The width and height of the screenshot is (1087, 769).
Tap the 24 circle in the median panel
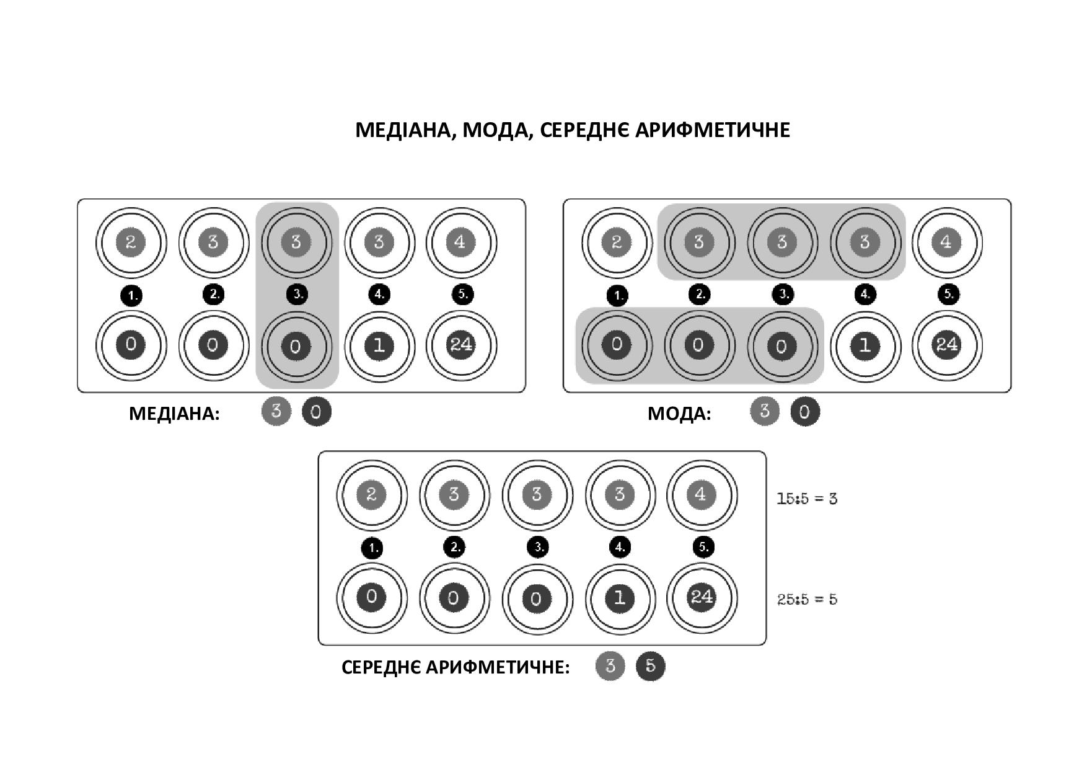point(461,345)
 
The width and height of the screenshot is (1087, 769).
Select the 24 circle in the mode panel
point(947,345)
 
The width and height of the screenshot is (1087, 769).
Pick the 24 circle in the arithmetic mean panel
point(702,598)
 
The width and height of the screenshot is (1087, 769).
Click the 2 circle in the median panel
point(131,242)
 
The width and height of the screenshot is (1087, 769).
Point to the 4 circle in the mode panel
point(947,242)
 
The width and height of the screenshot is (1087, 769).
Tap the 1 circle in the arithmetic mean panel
point(620,598)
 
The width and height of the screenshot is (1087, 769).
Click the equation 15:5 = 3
point(807,499)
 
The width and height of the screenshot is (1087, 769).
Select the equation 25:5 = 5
point(807,599)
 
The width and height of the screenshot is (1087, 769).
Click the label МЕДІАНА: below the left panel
point(174,414)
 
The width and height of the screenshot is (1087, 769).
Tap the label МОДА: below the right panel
point(679,414)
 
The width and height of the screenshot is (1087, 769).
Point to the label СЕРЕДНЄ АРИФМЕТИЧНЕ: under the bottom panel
point(455,667)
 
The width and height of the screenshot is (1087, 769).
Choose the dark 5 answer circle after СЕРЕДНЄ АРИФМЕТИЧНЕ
point(650,666)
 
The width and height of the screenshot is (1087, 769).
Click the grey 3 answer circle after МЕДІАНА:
point(276,411)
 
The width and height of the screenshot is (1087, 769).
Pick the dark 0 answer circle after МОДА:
point(804,412)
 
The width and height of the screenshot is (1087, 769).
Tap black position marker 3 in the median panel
point(297,295)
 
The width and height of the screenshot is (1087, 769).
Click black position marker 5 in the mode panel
point(949,295)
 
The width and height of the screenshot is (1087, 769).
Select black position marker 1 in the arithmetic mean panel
point(372,548)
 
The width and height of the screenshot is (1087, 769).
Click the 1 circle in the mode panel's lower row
point(865,345)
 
